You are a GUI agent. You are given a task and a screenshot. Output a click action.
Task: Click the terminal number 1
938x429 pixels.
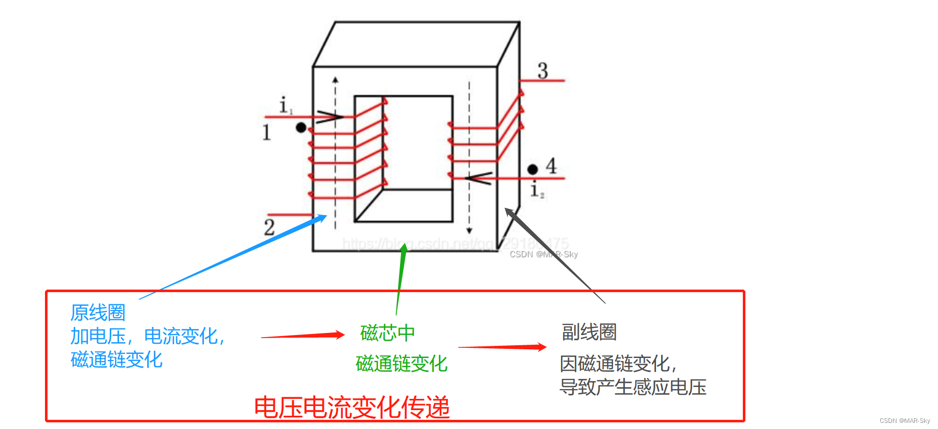pos(266,132)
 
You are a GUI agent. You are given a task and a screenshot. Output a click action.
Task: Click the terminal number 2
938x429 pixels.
pos(269,227)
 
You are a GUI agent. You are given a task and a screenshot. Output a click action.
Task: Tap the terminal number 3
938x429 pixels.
pos(543,70)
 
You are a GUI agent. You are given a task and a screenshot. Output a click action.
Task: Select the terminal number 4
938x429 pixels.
pos(551,166)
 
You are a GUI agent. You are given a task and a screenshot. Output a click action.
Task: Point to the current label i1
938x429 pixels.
pos(285,106)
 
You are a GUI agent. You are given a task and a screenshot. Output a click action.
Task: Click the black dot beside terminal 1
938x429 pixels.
pos(301,128)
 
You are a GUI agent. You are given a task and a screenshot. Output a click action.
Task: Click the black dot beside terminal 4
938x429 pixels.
pos(532,169)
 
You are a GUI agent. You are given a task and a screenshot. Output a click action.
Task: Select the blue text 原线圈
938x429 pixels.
pos(98,312)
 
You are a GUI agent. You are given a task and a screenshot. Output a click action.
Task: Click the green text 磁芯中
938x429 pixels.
pos(387,333)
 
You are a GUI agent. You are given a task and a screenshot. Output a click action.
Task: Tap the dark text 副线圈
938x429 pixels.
pos(589,332)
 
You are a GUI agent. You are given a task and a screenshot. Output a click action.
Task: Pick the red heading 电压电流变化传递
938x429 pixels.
pos(351,408)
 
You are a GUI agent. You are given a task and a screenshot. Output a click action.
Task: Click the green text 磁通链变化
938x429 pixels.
pos(402,364)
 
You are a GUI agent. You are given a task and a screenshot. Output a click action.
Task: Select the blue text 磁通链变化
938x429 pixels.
pos(116,360)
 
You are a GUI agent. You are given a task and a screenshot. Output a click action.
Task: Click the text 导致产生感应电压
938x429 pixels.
pos(633,387)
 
